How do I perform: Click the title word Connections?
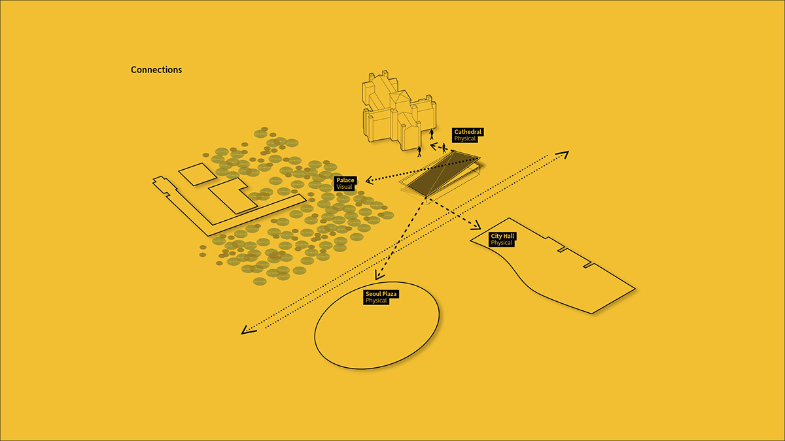156,70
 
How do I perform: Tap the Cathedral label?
468,132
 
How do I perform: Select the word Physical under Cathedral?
466,139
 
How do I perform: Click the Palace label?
345,180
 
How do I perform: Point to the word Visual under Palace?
344,187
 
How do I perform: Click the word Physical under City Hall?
502,243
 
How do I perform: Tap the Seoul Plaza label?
381,295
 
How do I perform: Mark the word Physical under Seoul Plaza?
377,301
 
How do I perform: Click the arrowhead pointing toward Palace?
370,180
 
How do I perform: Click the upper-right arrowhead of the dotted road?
563,155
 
